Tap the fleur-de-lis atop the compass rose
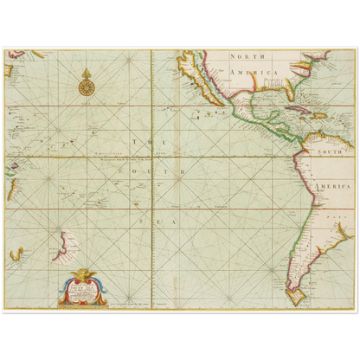point(86,72)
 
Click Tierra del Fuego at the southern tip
point(299,297)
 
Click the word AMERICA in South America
point(337,188)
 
